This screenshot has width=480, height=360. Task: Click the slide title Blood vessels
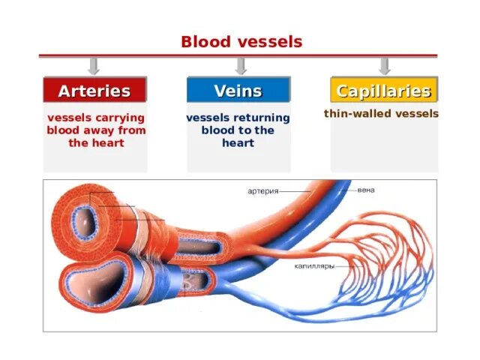click(241, 42)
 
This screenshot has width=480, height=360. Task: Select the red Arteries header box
click(94, 91)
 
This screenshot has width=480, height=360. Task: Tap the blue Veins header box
click(238, 91)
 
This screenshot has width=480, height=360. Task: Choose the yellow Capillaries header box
click(383, 91)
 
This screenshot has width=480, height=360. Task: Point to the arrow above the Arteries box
click(94, 66)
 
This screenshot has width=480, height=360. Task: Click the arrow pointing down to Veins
click(238, 66)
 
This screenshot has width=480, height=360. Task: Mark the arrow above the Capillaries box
click(384, 66)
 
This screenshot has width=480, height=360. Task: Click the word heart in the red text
click(108, 142)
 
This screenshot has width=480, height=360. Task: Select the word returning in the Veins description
click(261, 118)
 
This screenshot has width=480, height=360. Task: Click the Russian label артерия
click(263, 191)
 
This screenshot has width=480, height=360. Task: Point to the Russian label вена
click(367, 190)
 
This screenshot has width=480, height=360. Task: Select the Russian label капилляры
click(308, 265)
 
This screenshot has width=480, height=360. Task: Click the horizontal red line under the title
click(238, 55)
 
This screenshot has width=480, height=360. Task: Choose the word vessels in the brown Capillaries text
click(412, 115)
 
